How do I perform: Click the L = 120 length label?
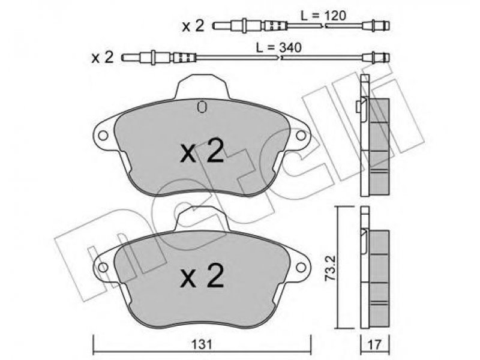(323, 16)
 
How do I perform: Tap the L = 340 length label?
(279, 47)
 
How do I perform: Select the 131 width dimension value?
(202, 345)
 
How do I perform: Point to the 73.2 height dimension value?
(331, 268)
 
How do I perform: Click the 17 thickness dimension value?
(374, 345)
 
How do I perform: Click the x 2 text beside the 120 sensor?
(193, 26)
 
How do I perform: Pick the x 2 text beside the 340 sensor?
(103, 57)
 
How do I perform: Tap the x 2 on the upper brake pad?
(202, 152)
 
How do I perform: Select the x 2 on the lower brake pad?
(202, 277)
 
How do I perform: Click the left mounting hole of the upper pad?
(103, 136)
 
